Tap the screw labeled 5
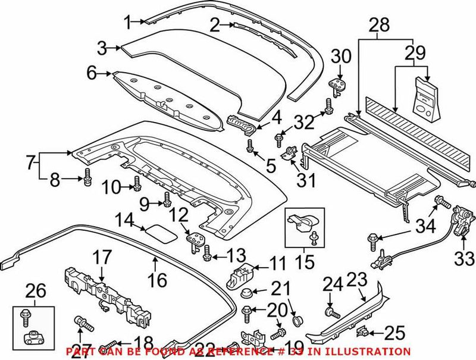pyautogui.click(x=250, y=145)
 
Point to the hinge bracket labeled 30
pyautogui.click(x=337, y=84)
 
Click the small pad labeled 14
pyautogui.click(x=161, y=230)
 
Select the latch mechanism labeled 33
pyautogui.click(x=462, y=220)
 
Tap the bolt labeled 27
pyautogui.click(x=82, y=325)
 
